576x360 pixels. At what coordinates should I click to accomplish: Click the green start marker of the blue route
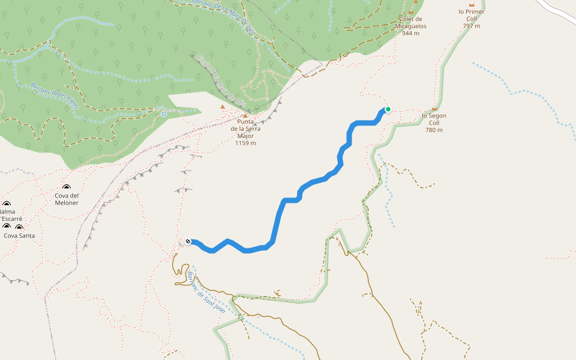coord(388,109)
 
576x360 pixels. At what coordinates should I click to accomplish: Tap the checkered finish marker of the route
coord(188,241)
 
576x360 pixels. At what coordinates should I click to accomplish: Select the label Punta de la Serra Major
coord(245,128)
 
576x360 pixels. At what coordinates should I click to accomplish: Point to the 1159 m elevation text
coord(245,143)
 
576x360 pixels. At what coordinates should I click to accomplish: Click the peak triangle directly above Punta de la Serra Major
coord(245,116)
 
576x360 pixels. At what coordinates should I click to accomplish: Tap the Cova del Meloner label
coord(66,199)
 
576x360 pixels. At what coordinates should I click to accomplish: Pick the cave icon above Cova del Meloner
coord(66,188)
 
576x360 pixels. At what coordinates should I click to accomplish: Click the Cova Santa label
coord(19,236)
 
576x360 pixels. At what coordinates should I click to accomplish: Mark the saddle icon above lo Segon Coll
coord(434,109)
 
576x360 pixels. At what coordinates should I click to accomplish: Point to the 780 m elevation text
coord(434,130)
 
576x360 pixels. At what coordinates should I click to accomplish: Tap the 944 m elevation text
coord(411,34)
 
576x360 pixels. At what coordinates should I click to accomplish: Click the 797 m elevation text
coord(472,26)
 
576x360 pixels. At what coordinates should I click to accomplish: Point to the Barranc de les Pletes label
coord(55,95)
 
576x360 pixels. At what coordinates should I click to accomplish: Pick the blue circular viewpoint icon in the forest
coord(164,114)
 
